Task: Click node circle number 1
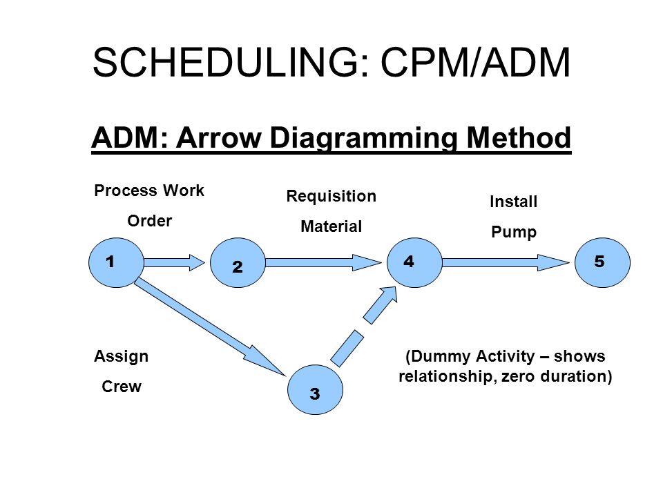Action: (x=116, y=262)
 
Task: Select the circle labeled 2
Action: (x=238, y=262)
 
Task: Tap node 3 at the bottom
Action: (x=315, y=389)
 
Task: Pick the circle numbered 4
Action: (x=415, y=262)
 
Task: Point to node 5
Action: (x=602, y=262)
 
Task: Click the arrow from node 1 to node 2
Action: (x=175, y=262)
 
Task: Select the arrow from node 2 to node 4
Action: (x=323, y=262)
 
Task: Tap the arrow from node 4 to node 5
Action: (x=506, y=262)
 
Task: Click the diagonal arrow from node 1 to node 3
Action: (x=210, y=327)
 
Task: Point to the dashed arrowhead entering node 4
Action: (x=381, y=304)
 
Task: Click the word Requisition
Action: (x=331, y=197)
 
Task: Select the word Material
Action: (x=331, y=226)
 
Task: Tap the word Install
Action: (x=513, y=202)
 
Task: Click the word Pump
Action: (x=514, y=232)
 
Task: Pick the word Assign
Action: (x=121, y=356)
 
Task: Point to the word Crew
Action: (x=122, y=387)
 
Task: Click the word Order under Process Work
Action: (x=150, y=221)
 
